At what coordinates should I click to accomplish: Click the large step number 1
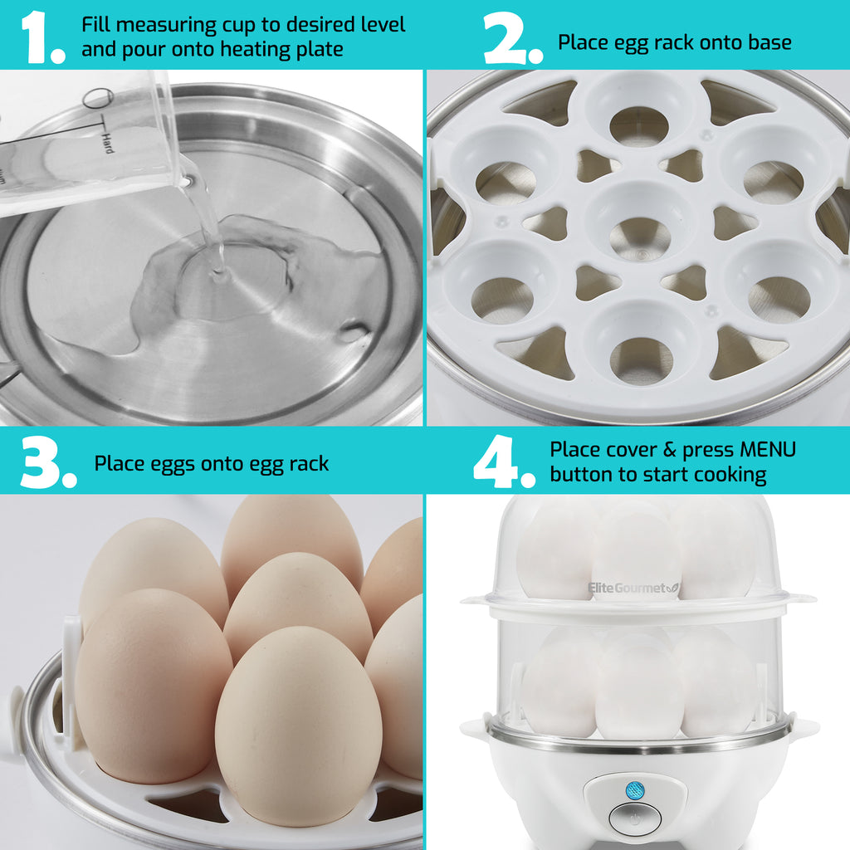click(x=40, y=37)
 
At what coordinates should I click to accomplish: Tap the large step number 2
click(x=508, y=37)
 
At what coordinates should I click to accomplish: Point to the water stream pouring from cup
click(x=206, y=220)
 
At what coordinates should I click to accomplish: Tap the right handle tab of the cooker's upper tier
click(x=802, y=598)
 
